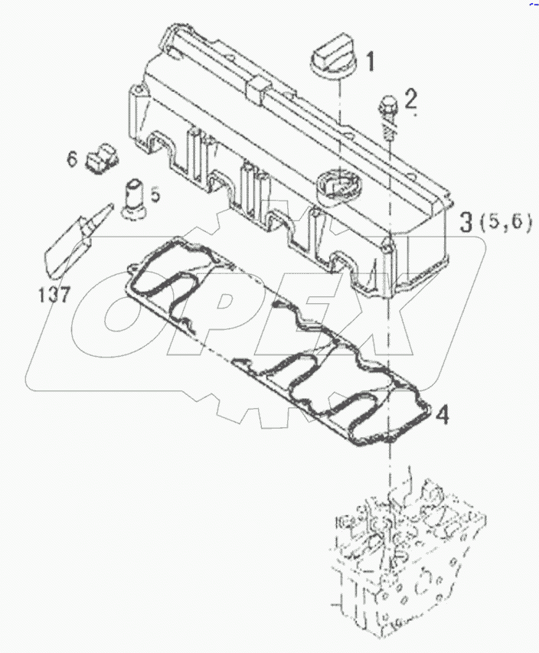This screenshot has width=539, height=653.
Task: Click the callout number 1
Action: coord(368,60)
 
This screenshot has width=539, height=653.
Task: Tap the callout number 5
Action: coord(155,195)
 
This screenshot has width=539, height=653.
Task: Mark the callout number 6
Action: coord(71,159)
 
